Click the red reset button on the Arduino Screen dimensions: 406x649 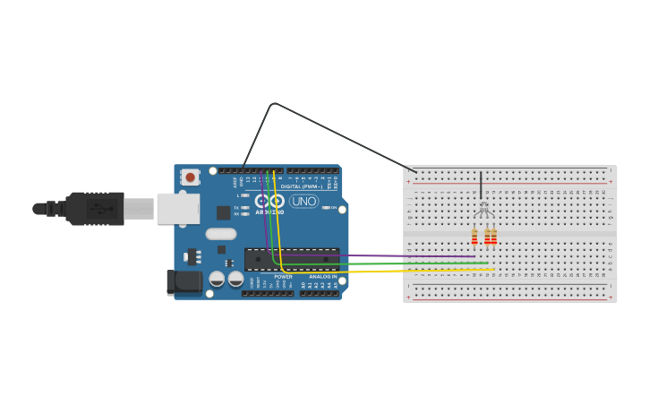tap(190, 177)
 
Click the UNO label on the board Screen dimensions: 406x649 tap(304, 202)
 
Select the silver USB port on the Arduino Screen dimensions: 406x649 tap(177, 208)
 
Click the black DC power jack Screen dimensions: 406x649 tap(184, 282)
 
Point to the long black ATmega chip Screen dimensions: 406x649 tap(292, 259)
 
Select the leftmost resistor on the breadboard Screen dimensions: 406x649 tap(474, 237)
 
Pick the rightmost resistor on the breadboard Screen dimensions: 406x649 tap(493, 237)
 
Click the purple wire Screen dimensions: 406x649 tap(376, 256)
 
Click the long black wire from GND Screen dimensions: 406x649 tap(340, 135)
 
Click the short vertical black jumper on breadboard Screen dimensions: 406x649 tap(481, 185)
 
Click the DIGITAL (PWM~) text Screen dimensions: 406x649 tap(302, 186)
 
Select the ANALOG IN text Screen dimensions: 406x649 tap(322, 277)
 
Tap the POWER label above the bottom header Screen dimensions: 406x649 tap(283, 277)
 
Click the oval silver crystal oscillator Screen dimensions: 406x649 tap(220, 234)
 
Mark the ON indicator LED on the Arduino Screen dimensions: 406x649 tap(326, 208)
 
